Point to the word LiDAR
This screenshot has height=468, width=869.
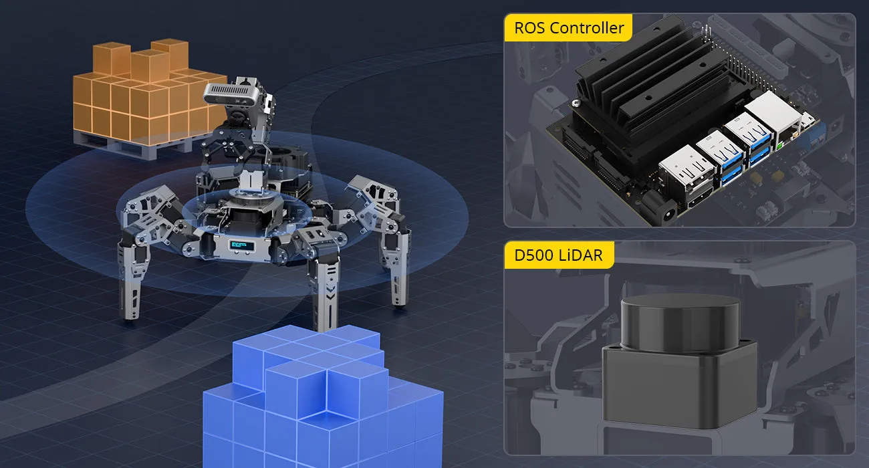pos(581,255)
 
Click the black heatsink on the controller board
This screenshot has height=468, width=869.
pos(652,89)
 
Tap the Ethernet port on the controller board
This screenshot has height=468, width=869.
pos(774,116)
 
